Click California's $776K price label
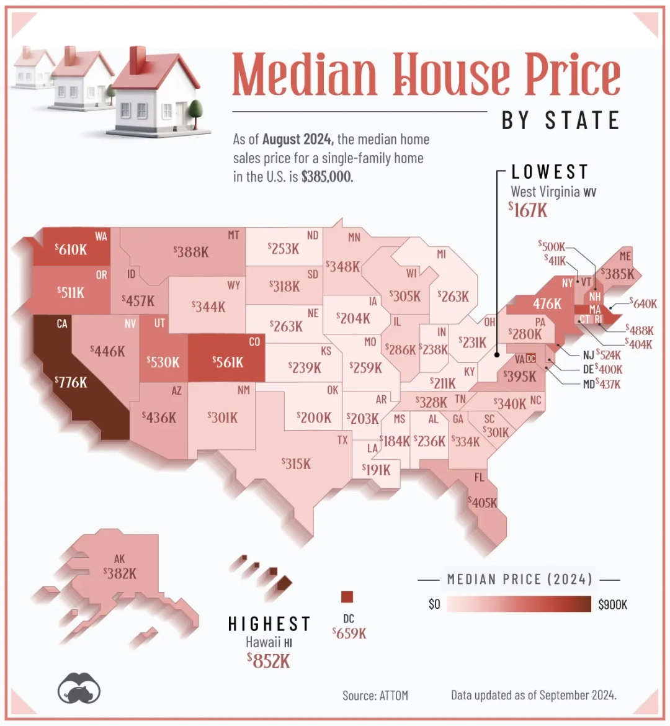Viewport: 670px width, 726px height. click(x=71, y=382)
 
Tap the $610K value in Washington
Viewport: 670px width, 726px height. click(x=71, y=249)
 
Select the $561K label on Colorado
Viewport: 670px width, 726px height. click(x=228, y=362)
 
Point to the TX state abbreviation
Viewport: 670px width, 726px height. click(x=342, y=440)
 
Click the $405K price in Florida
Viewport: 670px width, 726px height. click(x=483, y=502)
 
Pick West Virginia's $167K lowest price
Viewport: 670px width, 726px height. click(x=529, y=210)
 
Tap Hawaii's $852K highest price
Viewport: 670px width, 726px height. click(x=269, y=660)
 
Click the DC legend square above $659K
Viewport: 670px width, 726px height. click(x=347, y=597)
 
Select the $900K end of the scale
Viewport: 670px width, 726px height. click(x=612, y=604)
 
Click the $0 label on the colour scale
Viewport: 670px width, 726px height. click(x=434, y=604)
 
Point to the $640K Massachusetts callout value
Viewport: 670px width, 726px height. click(x=643, y=303)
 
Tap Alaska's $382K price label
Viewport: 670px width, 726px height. click(x=120, y=573)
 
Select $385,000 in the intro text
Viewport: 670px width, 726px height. click(x=327, y=177)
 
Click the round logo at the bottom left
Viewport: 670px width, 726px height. click(x=79, y=689)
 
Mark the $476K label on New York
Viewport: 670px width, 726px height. click(x=547, y=304)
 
